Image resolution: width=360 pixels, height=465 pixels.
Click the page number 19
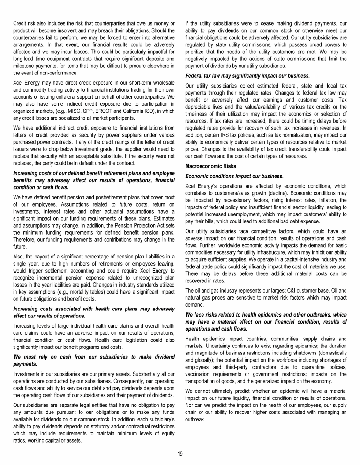tap(180, 453)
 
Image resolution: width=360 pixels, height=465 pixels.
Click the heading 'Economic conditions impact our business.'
tap(234, 176)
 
